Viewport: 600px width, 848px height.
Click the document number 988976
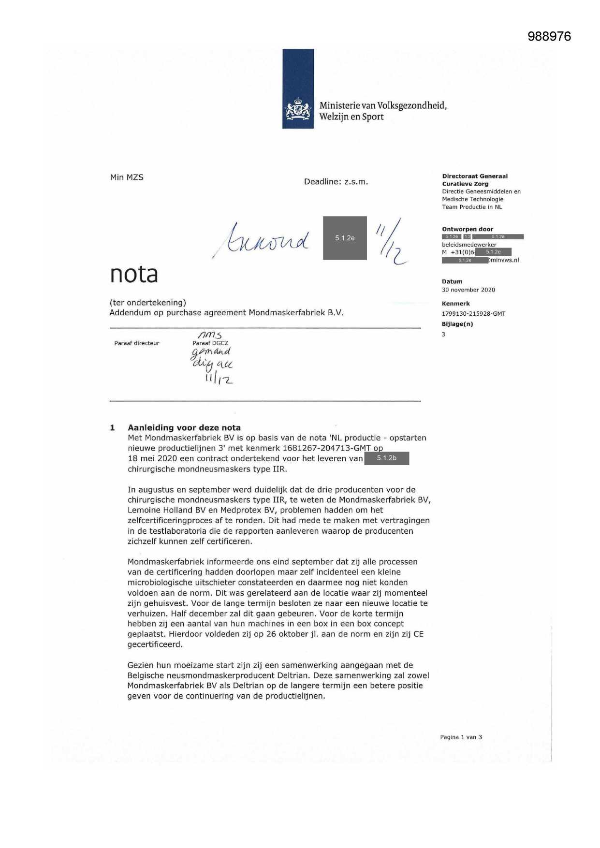tap(549, 36)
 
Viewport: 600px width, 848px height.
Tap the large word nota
tap(134, 274)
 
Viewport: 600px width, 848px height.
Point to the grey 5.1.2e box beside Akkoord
tap(345, 238)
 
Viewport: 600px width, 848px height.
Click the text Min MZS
tap(127, 177)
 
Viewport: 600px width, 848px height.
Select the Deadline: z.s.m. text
tap(336, 182)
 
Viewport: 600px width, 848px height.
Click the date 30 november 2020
tap(468, 290)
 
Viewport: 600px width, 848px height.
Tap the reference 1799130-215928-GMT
tap(473, 314)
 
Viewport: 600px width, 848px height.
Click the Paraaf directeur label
tap(136, 343)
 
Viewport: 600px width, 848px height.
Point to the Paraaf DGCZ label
tap(210, 343)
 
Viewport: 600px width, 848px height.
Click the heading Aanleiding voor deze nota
tap(184, 427)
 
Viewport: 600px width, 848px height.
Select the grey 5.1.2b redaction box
tap(386, 458)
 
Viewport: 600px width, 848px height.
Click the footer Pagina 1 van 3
tap(461, 737)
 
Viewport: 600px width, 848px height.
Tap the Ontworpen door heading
tap(467, 229)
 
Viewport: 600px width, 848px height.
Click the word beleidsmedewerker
tap(469, 245)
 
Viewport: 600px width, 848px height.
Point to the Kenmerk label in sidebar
tap(455, 304)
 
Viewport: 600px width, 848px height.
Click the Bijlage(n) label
tap(457, 324)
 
